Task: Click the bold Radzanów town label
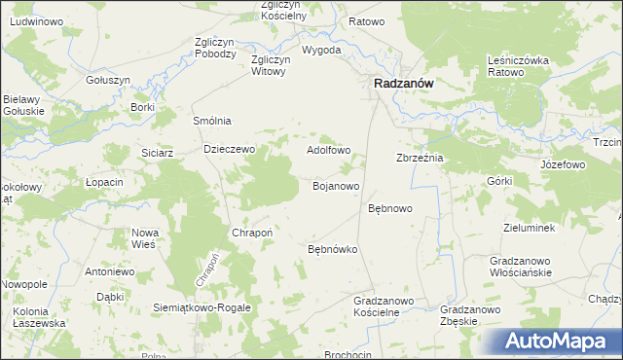click(x=404, y=85)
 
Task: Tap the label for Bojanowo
click(x=337, y=185)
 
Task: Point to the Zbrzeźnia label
click(x=420, y=158)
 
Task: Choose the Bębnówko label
click(x=333, y=250)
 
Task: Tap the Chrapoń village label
click(x=251, y=234)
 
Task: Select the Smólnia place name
click(x=212, y=121)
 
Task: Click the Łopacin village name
click(x=104, y=182)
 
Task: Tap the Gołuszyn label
click(x=108, y=80)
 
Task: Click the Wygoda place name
click(x=321, y=50)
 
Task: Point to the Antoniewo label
click(x=108, y=271)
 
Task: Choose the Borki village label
click(x=142, y=107)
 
